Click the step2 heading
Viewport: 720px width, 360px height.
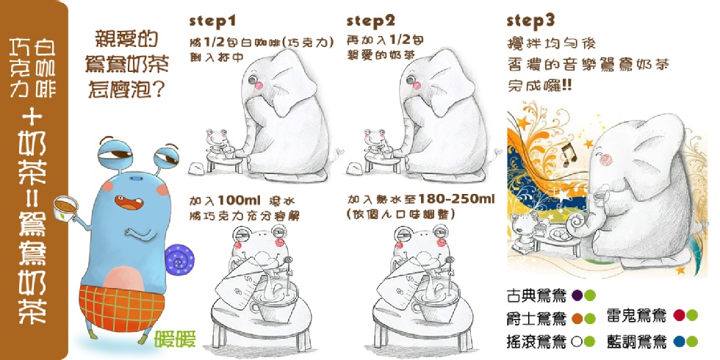[371, 21]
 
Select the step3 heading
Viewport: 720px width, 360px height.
[530, 21]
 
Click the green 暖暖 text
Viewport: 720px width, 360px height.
[176, 339]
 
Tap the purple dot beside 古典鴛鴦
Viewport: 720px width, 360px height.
[577, 295]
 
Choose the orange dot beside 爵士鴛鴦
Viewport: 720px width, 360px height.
[577, 317]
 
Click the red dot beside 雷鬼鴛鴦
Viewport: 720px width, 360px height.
[679, 315]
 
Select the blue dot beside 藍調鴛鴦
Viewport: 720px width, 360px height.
[679, 341]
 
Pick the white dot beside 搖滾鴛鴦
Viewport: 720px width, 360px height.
[577, 342]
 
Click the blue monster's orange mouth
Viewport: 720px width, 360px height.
[126, 203]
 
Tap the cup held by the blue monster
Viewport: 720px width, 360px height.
[65, 208]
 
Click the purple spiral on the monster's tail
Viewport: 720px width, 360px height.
[179, 260]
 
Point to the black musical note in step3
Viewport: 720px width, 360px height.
[569, 154]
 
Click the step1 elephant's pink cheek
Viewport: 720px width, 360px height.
[259, 84]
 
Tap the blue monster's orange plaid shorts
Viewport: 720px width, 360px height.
[121, 308]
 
